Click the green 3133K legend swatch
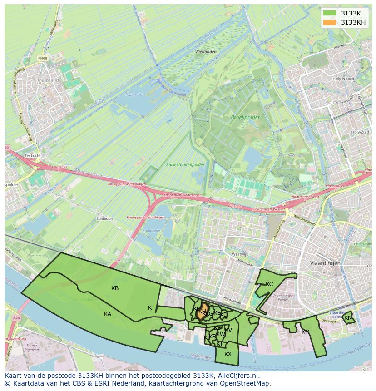click(x=330, y=13)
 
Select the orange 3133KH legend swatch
click(x=330, y=22)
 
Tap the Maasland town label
click(x=49, y=80)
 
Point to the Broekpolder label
click(x=245, y=117)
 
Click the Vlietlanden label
click(x=205, y=52)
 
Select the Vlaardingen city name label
click(x=326, y=263)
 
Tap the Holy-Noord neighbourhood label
click(x=343, y=79)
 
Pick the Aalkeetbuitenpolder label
click(x=185, y=164)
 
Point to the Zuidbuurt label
click(x=104, y=218)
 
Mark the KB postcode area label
click(x=115, y=288)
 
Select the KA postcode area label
click(x=108, y=314)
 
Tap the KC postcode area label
click(x=269, y=284)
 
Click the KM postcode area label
click(x=305, y=332)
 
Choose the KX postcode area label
click(x=228, y=354)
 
